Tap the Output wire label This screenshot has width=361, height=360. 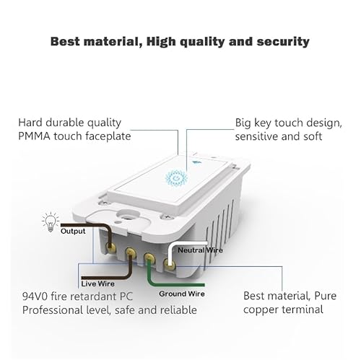(72, 231)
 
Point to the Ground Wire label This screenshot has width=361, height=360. (183, 294)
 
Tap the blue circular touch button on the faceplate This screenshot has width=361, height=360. (175, 177)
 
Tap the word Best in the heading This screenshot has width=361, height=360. (67, 41)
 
